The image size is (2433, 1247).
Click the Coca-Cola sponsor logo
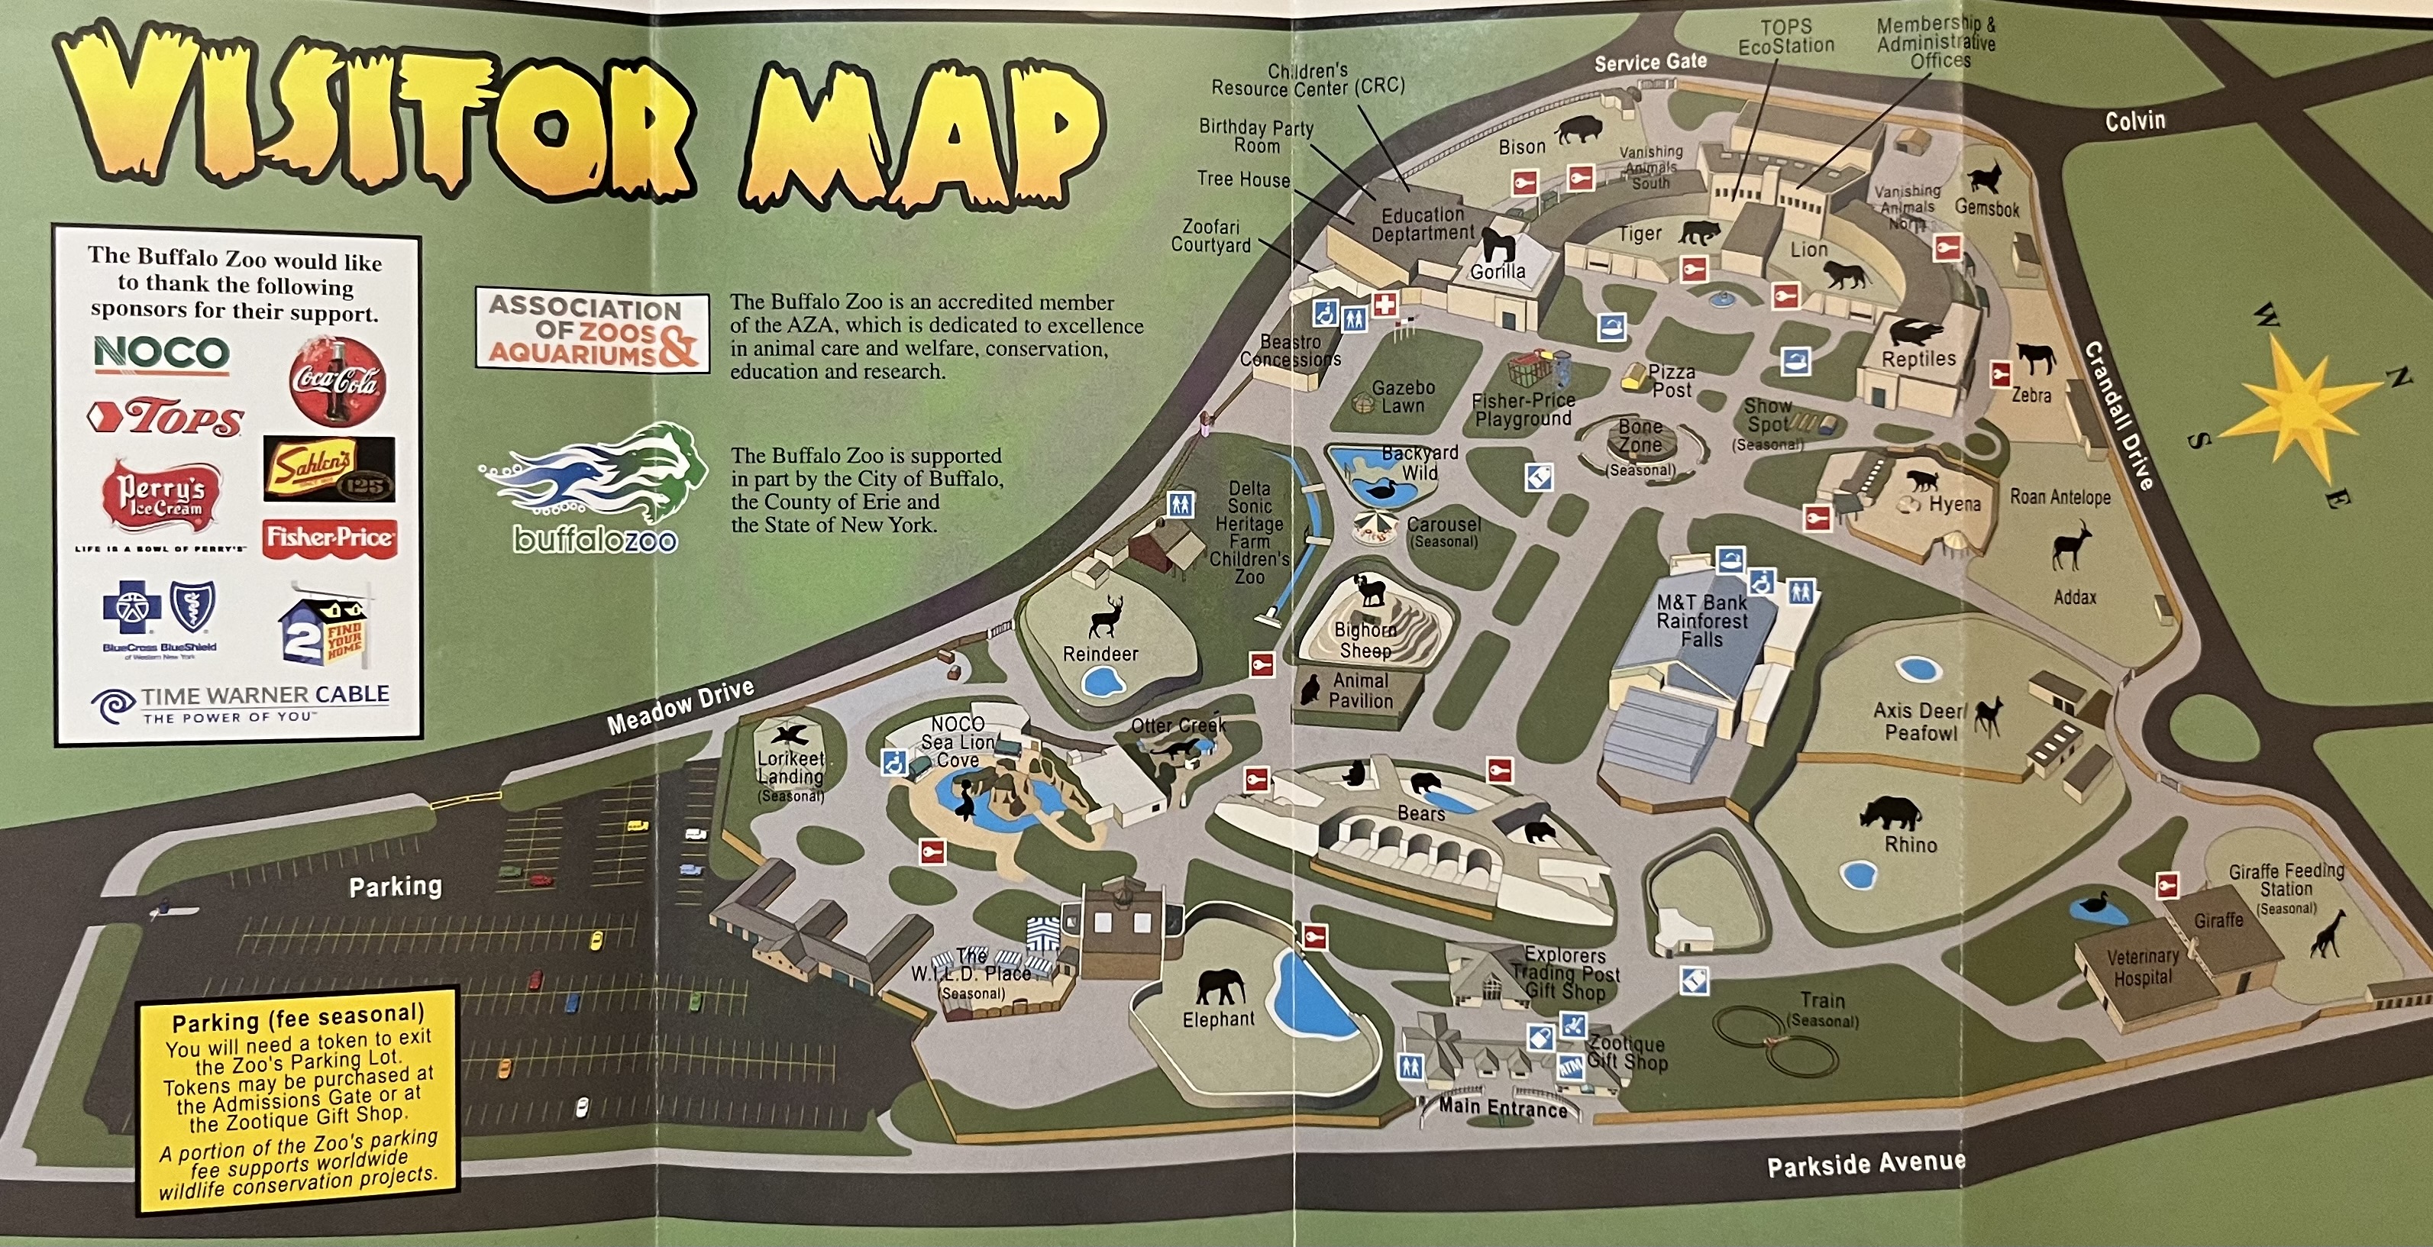(x=336, y=382)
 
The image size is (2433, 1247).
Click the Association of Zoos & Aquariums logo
(x=592, y=331)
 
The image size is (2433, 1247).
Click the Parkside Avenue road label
(x=1866, y=1164)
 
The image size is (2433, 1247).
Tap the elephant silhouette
(x=1220, y=988)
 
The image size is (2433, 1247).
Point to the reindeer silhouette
(x=1105, y=617)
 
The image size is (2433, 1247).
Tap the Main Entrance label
(x=1503, y=1107)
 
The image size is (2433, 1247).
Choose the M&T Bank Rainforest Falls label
(x=1702, y=621)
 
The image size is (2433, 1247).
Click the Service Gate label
(x=1650, y=63)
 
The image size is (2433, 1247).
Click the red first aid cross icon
(x=1385, y=305)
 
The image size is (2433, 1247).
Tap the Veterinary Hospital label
(x=2142, y=968)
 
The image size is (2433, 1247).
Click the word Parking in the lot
(x=396, y=886)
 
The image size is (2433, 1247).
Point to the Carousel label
(x=1443, y=525)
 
